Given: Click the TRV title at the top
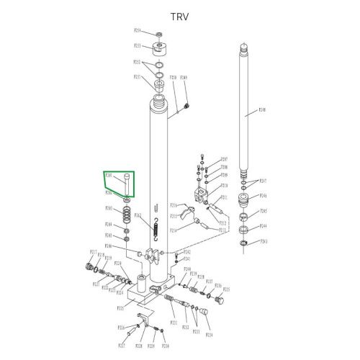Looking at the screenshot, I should pos(179,16).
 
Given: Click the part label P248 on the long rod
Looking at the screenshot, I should pos(262,110).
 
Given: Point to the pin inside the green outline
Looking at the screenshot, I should pos(126,183).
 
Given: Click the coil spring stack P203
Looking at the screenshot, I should pos(127,214).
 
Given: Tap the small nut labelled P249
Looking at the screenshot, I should pos(187,107).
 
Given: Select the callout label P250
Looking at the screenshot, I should pos(173,77).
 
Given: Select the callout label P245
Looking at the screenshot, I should pos(264,211).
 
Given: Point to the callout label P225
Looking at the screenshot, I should pos(121,307).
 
